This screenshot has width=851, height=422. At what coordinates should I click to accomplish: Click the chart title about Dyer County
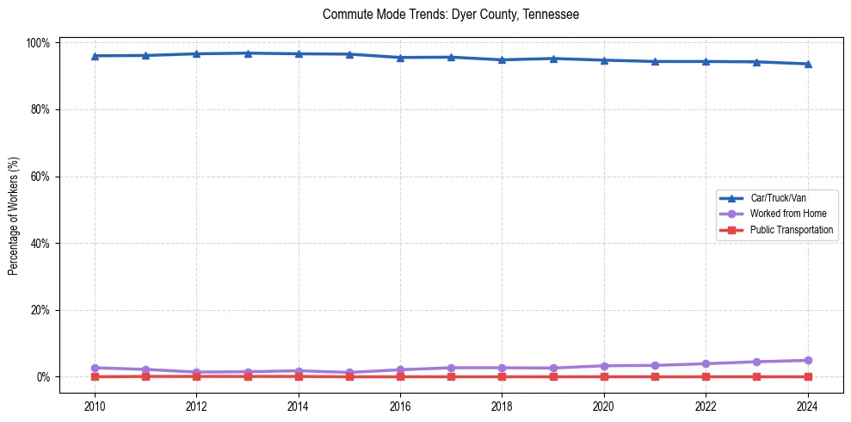coord(450,15)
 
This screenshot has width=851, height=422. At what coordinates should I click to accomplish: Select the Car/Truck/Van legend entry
coord(777,197)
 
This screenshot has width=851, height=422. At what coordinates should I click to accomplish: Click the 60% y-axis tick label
coord(41,177)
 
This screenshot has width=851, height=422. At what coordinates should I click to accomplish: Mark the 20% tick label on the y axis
coord(41,310)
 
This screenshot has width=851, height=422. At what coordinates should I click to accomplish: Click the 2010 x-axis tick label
coord(95,406)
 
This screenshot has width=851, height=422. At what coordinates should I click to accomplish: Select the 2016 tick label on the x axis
coord(400,406)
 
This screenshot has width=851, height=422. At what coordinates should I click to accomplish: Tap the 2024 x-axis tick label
coord(807,406)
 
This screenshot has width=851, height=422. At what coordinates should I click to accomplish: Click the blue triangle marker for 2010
coord(95,56)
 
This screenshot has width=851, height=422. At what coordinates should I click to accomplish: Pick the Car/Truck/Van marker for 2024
coord(807,64)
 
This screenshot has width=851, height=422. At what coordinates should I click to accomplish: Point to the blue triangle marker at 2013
coord(248,53)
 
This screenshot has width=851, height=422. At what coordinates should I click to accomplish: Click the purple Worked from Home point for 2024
coord(807,360)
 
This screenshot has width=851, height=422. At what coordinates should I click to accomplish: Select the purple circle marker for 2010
coord(95,368)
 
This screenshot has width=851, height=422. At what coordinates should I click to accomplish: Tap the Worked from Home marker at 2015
coord(349,372)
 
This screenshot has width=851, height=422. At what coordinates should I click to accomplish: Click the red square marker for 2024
coord(807,376)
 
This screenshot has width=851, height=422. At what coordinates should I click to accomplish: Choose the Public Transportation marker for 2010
coord(95,376)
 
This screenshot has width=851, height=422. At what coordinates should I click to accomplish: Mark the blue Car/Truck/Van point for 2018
coord(502,59)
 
